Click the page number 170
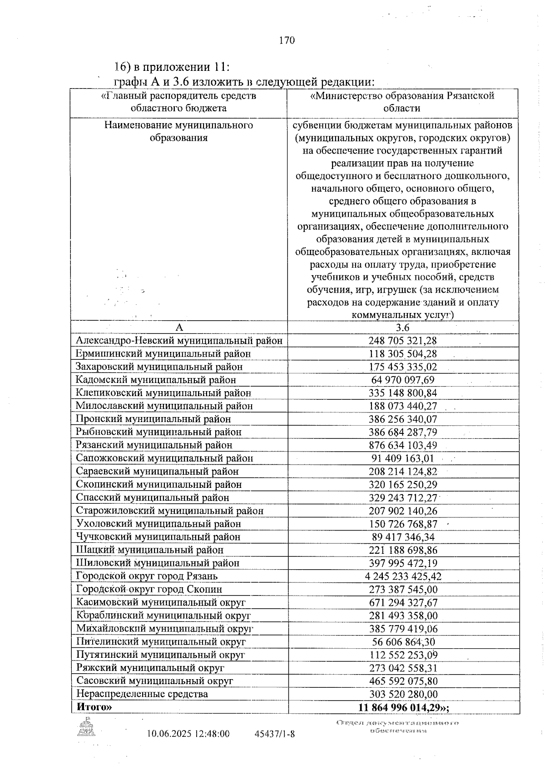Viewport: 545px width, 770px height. tap(287, 40)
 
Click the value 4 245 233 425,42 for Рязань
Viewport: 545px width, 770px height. tap(403, 576)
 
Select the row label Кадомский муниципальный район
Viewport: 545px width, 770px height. tap(156, 380)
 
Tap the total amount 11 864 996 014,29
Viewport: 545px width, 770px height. tap(403, 708)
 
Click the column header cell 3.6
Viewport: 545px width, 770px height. tap(402, 328)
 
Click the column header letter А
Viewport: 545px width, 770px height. tap(179, 328)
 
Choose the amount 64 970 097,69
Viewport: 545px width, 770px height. tap(403, 380)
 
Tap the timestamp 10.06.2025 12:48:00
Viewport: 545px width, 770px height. tap(188, 734)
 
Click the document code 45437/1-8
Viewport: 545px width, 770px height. tap(275, 734)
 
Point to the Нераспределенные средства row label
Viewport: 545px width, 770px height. tap(142, 694)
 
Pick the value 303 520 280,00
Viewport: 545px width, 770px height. tap(403, 694)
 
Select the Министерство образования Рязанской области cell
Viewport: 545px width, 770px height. tap(402, 102)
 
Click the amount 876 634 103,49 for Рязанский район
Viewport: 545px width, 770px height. tap(403, 445)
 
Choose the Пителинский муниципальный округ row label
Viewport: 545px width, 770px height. tap(161, 642)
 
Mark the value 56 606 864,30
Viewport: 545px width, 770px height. tap(403, 642)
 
